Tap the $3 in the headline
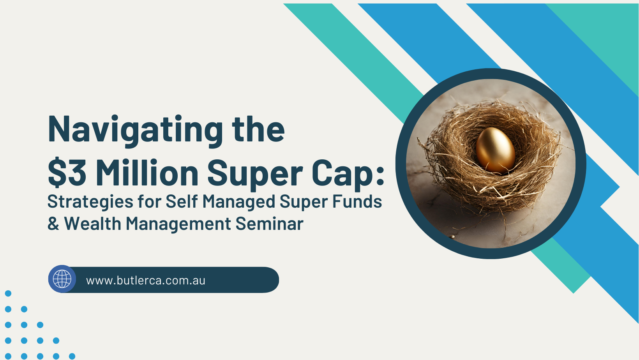(67, 172)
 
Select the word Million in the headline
(147, 172)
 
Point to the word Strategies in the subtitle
(90, 202)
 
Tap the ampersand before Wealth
(53, 223)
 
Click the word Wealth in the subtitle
(93, 223)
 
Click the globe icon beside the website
(62, 279)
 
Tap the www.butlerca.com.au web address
(145, 281)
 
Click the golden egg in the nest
(496, 150)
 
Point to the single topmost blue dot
(8, 293)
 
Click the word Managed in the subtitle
(239, 202)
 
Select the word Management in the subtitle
(178, 224)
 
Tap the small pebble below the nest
(452, 236)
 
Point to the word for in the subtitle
(150, 201)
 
